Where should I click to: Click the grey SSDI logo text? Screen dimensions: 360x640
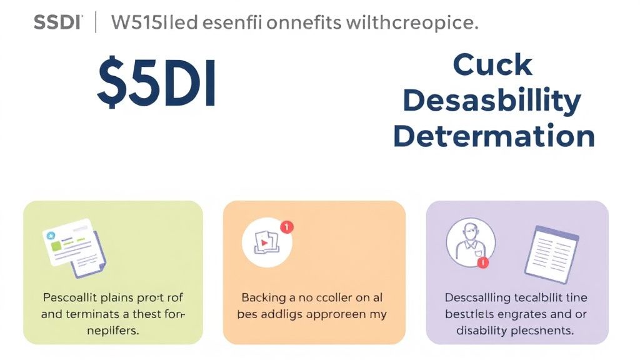57,23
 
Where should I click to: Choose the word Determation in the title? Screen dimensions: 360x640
494,136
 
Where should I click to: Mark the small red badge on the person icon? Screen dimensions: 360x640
482,263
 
